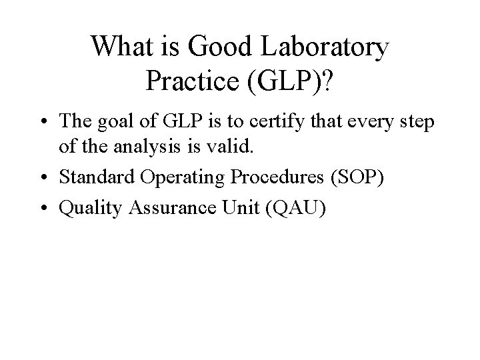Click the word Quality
pyautogui.click(x=86, y=209)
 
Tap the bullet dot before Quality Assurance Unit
pyautogui.click(x=49, y=209)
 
